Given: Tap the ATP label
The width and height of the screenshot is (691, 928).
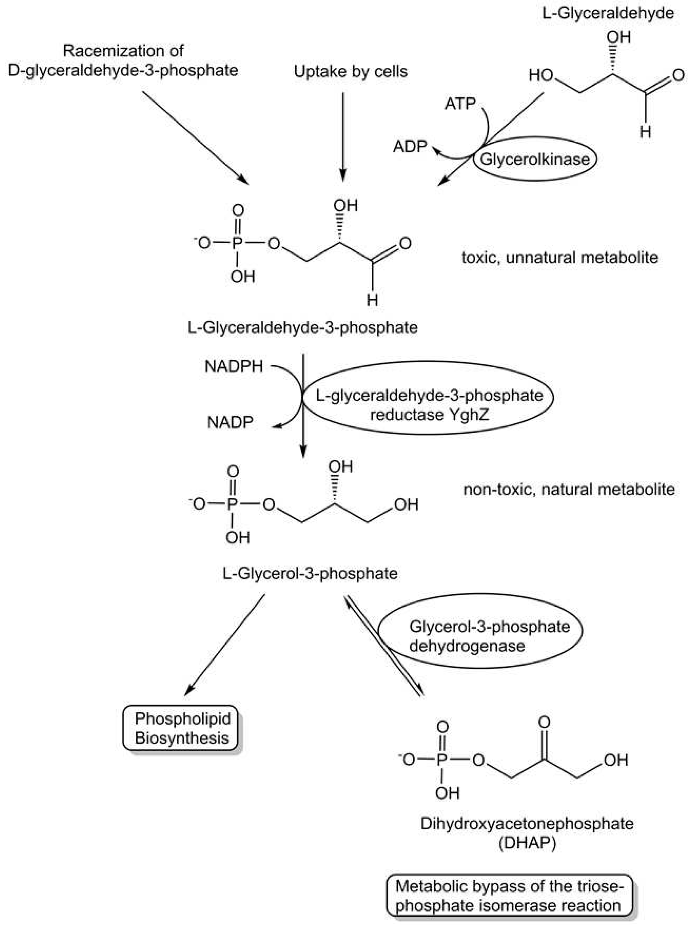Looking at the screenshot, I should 460,103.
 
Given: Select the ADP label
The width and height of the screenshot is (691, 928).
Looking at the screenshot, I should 410,146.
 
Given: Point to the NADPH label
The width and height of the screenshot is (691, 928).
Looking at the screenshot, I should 234,366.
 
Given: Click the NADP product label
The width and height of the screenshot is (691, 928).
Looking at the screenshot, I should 230,423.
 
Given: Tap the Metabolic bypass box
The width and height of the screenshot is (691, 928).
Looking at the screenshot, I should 509,896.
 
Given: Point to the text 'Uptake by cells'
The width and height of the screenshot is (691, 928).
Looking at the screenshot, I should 350,72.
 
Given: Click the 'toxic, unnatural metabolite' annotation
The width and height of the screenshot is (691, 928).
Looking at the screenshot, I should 560,257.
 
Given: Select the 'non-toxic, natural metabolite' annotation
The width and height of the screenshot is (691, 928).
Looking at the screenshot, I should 569,489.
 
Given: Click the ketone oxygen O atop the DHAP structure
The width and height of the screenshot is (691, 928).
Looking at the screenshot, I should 544,722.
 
